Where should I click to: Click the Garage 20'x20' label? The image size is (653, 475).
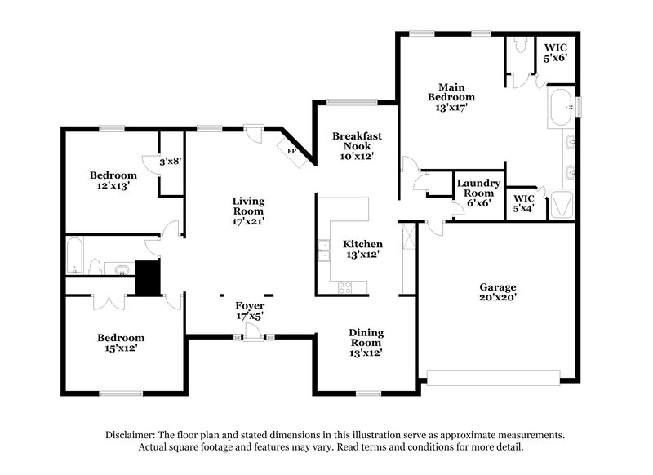(x=497, y=292)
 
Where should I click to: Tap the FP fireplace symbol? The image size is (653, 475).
(x=291, y=150)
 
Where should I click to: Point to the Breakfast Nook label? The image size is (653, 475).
(x=353, y=145)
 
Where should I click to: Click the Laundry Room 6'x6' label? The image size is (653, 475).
(x=478, y=193)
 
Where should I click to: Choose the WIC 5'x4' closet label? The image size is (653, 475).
(x=522, y=202)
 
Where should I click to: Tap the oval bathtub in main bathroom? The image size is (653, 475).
(x=561, y=108)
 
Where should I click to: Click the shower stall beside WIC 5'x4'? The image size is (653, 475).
(x=562, y=204)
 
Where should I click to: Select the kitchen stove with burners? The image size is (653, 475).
(x=344, y=286)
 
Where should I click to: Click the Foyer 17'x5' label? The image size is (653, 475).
(x=249, y=311)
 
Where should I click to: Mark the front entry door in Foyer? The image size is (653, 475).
(x=254, y=331)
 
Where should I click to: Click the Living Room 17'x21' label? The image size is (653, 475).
(x=248, y=210)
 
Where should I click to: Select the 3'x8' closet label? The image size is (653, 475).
(x=170, y=162)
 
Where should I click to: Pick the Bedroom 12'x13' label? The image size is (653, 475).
(x=113, y=180)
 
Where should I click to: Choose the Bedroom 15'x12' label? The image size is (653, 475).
(x=121, y=343)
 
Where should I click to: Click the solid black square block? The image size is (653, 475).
(x=148, y=277)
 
